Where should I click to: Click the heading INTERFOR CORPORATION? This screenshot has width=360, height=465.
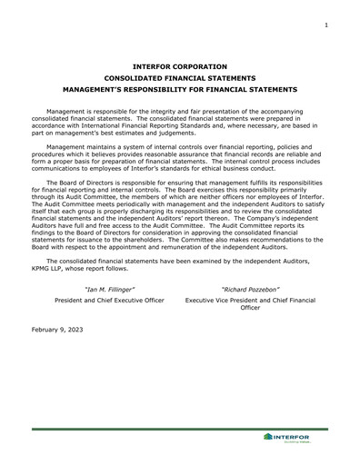(x=179, y=66)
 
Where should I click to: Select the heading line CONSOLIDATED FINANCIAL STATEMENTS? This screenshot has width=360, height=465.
(x=179, y=78)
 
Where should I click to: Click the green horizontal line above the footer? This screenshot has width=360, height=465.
(x=179, y=428)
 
